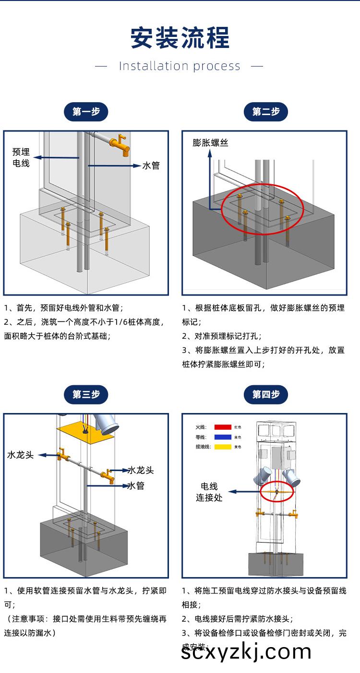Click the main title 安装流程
click(180, 38)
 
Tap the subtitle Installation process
click(180, 66)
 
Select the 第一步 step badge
click(86, 112)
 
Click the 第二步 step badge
click(265, 112)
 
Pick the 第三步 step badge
click(86, 394)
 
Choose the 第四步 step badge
click(265, 394)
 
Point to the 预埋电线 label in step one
click(21, 157)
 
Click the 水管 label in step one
click(151, 165)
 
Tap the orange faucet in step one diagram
click(120, 144)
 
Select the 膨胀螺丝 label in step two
click(210, 142)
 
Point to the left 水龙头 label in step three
click(20, 455)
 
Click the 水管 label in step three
click(136, 486)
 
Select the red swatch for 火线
click(223, 426)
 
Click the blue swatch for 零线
click(223, 437)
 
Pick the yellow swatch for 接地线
click(223, 447)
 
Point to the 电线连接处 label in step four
click(209, 492)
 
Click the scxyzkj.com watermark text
click(246, 651)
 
